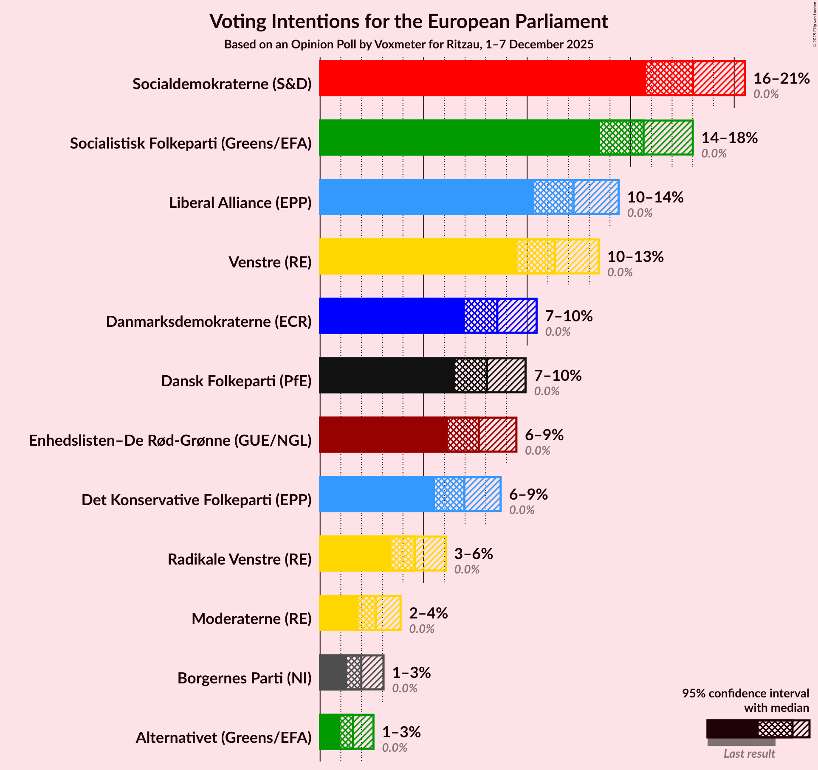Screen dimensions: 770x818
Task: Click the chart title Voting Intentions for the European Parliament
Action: tap(409, 21)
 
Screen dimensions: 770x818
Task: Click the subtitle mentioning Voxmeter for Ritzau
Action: tap(409, 45)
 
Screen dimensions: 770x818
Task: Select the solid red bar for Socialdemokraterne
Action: tap(482, 78)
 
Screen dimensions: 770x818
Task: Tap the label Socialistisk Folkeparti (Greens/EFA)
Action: tap(191, 143)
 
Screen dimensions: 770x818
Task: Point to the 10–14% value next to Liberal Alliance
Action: tap(655, 197)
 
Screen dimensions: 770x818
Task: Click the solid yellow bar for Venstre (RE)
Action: tap(418, 256)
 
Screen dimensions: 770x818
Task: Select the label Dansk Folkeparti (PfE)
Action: tap(236, 381)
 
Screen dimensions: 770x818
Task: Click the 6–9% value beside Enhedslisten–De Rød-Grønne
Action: tap(544, 435)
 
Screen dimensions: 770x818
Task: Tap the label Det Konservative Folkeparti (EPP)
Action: tap(197, 500)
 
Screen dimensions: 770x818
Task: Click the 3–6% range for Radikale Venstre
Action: tap(473, 554)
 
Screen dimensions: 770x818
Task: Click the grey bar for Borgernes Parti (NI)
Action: tap(333, 672)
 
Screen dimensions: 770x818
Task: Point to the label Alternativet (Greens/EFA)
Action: tap(223, 738)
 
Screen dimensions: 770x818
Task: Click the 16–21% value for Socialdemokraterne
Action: tap(781, 79)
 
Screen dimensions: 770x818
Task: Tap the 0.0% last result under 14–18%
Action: tap(714, 154)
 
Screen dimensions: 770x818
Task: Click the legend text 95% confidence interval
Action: tap(745, 694)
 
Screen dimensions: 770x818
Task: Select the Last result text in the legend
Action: tap(749, 753)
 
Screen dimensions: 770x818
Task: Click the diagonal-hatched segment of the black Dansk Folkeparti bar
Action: tap(506, 375)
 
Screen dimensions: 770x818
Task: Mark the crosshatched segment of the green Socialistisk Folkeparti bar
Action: tap(621, 138)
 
